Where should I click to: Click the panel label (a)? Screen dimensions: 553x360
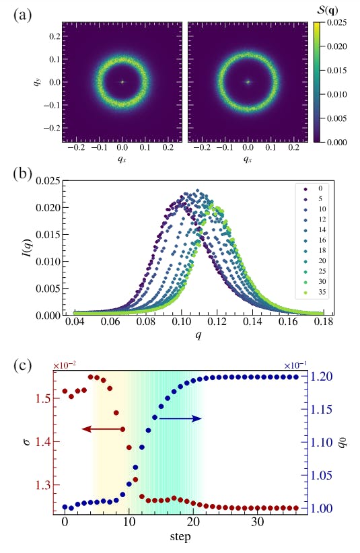pos(25,13)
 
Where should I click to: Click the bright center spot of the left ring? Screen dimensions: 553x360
pos(122,82)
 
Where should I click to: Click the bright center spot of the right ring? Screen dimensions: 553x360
pos(248,82)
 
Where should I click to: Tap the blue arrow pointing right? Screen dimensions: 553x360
pos(180,418)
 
